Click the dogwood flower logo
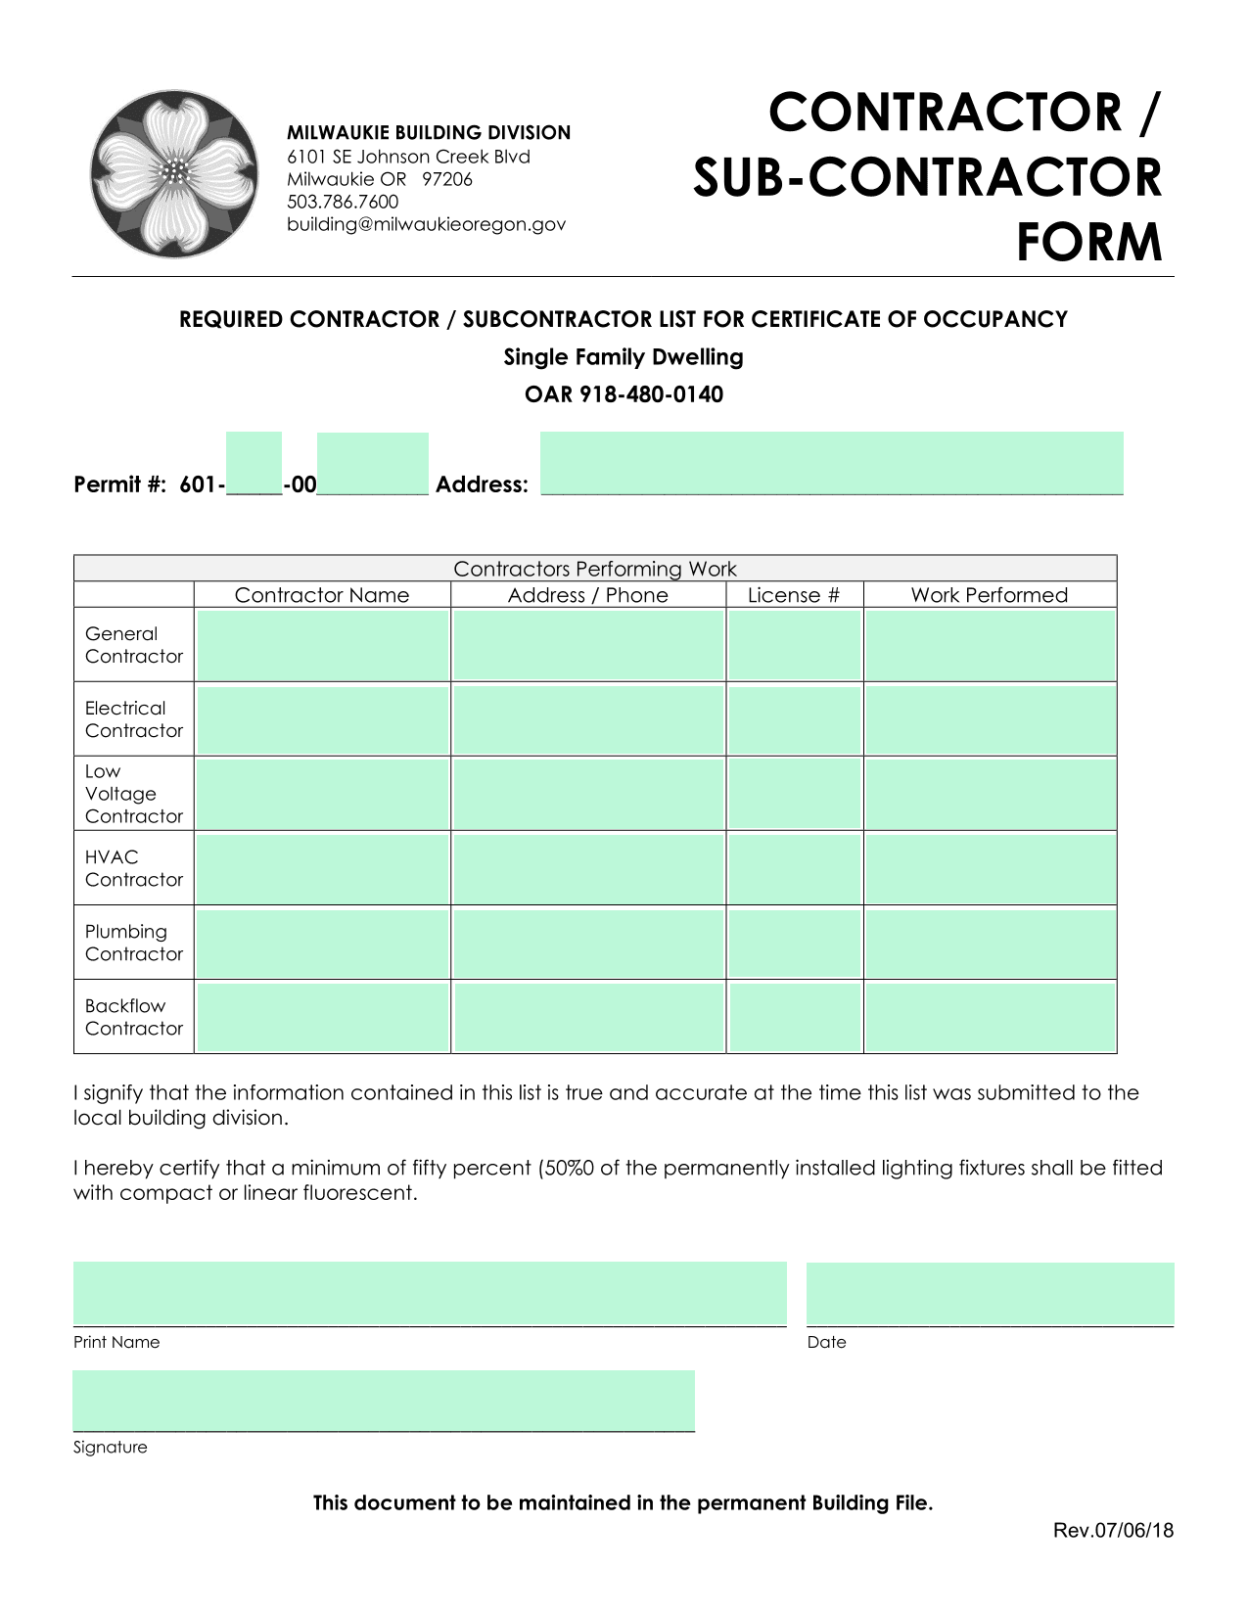(x=174, y=174)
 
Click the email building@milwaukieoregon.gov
(x=426, y=224)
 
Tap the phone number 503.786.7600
(x=343, y=202)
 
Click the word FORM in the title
(x=1088, y=243)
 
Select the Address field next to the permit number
(x=831, y=463)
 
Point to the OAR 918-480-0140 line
(x=624, y=394)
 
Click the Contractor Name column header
(x=322, y=595)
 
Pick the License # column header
(x=794, y=595)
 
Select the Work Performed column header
(x=989, y=595)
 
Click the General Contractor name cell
(x=322, y=645)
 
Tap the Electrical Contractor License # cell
(x=794, y=719)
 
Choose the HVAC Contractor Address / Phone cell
(x=588, y=868)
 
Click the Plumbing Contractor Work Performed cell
(x=990, y=943)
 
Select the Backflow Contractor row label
(x=133, y=1017)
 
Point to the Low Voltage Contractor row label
(x=133, y=794)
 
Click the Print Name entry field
(x=430, y=1293)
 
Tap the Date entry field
(x=990, y=1293)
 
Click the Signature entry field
(x=384, y=1400)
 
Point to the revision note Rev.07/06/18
(x=1113, y=1531)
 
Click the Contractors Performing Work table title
(x=594, y=569)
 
